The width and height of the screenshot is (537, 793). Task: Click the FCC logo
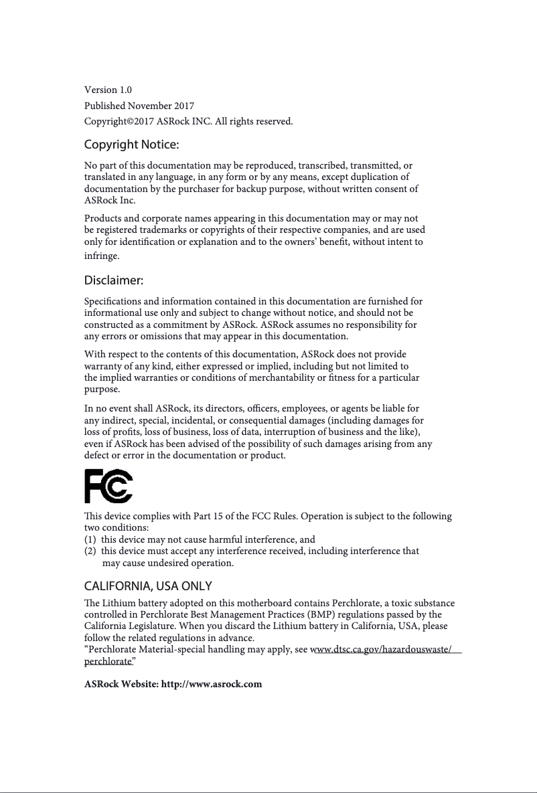coord(108,486)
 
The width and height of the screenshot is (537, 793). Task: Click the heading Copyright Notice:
coord(131,145)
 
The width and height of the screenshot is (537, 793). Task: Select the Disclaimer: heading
coord(114,280)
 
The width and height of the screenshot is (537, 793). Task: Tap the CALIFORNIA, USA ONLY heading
coord(148,587)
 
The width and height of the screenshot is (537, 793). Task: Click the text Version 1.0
coord(108,90)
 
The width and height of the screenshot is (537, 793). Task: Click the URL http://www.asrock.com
coord(212,684)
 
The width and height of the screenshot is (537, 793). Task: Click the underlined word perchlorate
coord(107,660)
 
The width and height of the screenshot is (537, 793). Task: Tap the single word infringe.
coord(101,256)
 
